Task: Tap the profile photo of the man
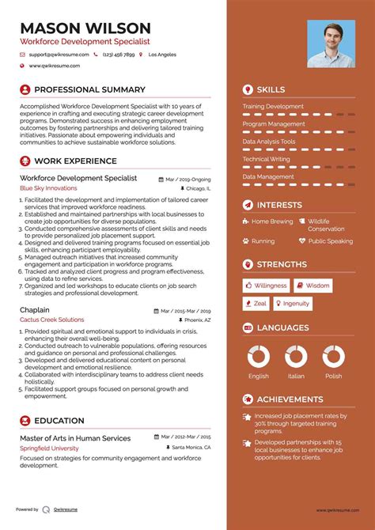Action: [331, 44]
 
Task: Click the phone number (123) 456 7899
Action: [118, 55]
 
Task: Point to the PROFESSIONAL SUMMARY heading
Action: [89, 90]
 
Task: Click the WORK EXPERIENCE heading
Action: [75, 161]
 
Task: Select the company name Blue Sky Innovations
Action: [48, 188]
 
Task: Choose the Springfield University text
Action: [50, 447]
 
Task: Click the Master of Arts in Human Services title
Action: [75, 437]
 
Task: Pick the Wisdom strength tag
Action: [313, 286]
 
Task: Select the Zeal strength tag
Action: [256, 304]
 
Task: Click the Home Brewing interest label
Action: [272, 221]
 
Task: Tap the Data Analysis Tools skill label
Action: [269, 142]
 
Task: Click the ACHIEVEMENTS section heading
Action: [290, 400]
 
